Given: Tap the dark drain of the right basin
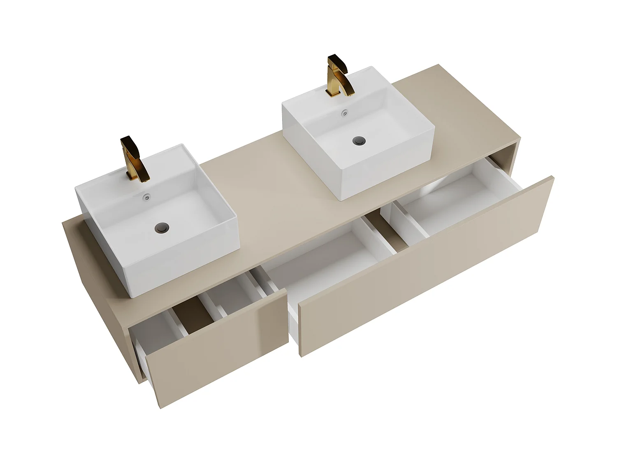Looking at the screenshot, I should pos(359,141).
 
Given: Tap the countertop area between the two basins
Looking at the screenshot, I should pos(263,181).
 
